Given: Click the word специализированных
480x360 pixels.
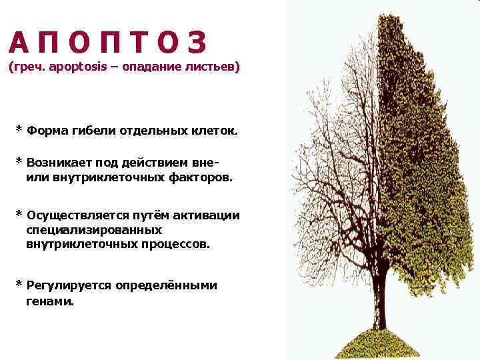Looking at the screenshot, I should coord(95,229).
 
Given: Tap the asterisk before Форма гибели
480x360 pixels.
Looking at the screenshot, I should coord(19,128).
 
